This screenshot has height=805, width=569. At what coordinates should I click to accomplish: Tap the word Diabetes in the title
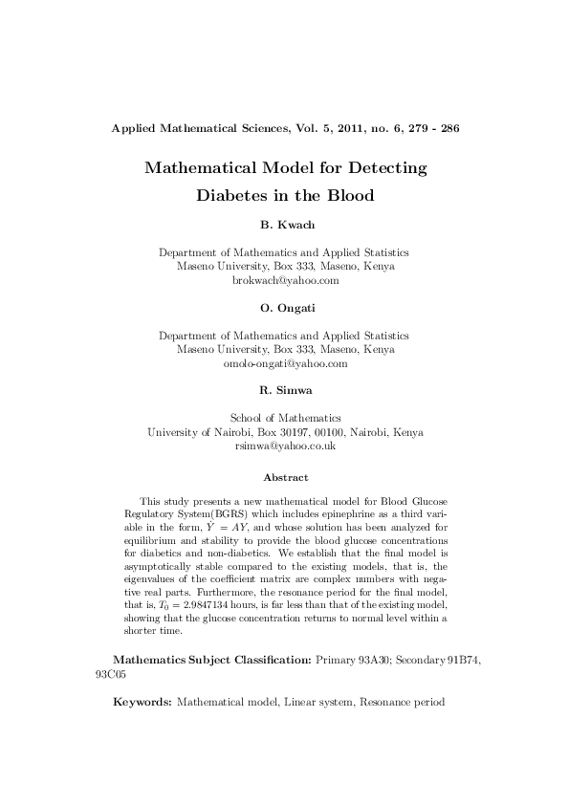pos(237,197)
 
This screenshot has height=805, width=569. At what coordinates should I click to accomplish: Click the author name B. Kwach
pos(284,225)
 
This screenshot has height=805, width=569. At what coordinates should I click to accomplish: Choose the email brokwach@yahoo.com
pos(285,281)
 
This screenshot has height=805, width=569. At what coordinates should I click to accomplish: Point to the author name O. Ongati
pos(284,308)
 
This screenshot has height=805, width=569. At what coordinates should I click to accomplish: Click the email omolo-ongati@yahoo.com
pos(285,363)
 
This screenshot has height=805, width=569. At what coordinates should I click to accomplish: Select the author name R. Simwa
pos(284,390)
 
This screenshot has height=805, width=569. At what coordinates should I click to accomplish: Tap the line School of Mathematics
pos(285,418)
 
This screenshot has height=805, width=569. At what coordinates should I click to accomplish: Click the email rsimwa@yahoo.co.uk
pos(285,446)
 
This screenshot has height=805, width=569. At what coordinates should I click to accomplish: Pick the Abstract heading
pos(285,476)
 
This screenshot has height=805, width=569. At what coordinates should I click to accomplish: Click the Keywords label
pos(142,702)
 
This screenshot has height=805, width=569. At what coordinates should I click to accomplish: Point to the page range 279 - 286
pos(435,127)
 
